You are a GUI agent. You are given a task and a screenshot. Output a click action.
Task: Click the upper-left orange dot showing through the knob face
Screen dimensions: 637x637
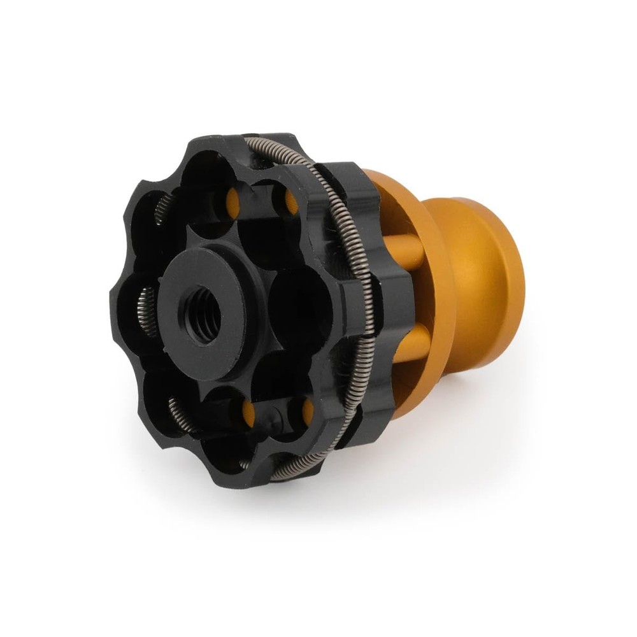click(x=233, y=202)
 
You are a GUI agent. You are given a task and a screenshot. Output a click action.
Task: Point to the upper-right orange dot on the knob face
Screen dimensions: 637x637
click(x=289, y=202)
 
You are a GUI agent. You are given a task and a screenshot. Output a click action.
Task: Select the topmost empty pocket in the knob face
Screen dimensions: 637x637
click(x=210, y=172)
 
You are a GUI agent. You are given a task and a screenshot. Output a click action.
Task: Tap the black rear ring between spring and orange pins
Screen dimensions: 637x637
click(x=363, y=293)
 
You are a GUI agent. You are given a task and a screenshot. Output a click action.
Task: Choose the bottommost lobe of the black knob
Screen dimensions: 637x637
click(x=255, y=471)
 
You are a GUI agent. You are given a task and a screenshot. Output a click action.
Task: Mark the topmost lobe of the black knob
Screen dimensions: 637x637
click(x=210, y=143)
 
